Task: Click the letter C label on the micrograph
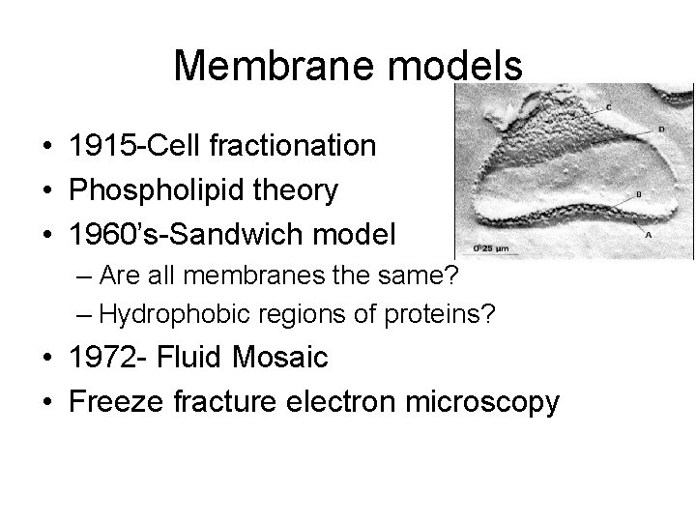pos(607,105)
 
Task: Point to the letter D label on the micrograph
pos(661,128)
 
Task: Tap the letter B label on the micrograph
pos(639,194)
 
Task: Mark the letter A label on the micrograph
pos(648,233)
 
